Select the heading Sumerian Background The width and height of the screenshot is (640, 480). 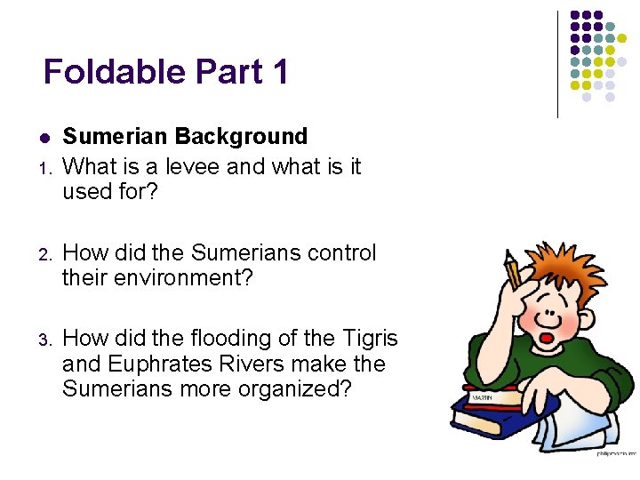point(185,136)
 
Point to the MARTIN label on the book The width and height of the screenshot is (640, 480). point(483,396)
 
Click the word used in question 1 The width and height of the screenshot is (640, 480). point(89,191)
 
